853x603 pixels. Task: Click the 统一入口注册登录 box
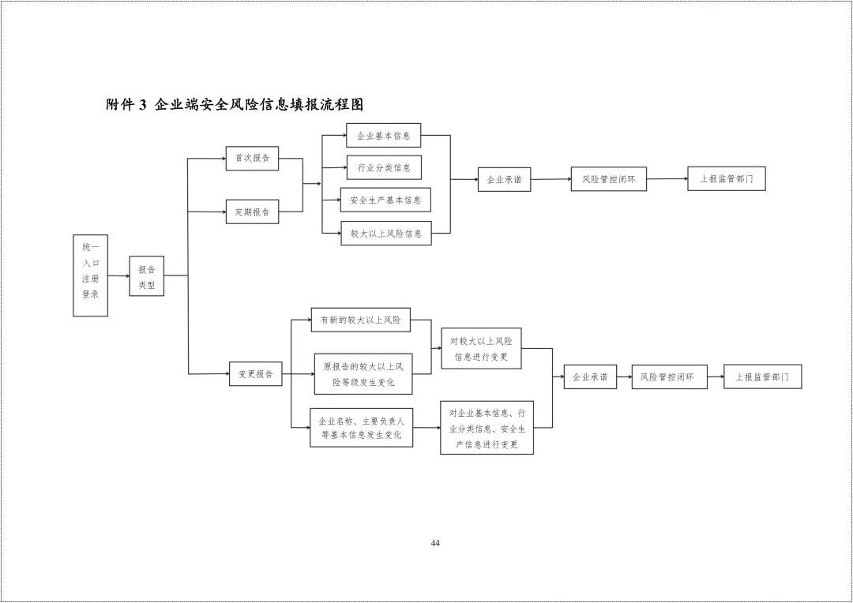click(x=90, y=275)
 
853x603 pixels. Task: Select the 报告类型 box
click(x=147, y=276)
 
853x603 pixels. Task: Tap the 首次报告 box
click(x=252, y=158)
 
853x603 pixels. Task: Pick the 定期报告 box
click(x=252, y=212)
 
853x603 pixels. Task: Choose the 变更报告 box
click(x=255, y=373)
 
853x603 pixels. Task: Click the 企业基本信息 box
click(x=383, y=136)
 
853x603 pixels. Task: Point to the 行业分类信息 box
click(x=384, y=167)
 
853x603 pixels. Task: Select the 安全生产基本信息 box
click(x=385, y=200)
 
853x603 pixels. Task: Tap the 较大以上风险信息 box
click(x=386, y=233)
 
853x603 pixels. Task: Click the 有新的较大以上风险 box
click(x=360, y=320)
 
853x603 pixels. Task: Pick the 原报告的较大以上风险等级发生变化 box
click(x=363, y=374)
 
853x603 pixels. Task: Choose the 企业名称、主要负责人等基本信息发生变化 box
click(x=361, y=428)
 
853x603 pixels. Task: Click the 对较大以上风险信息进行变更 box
click(x=481, y=348)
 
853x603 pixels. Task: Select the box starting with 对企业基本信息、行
click(x=487, y=428)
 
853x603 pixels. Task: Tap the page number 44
click(x=435, y=543)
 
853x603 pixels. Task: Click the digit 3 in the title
click(x=143, y=105)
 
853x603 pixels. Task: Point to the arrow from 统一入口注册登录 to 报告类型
click(x=118, y=276)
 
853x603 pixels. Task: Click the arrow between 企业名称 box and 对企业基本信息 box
click(x=426, y=428)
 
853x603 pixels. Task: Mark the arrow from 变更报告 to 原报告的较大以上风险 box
click(x=298, y=374)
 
